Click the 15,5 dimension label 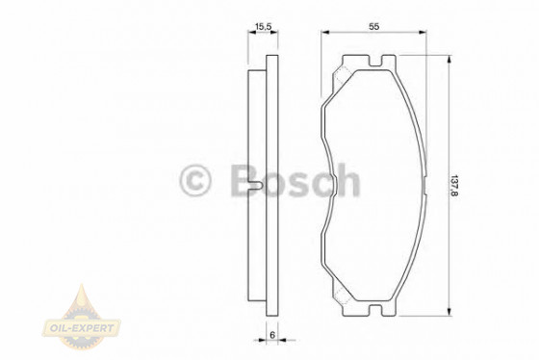261,28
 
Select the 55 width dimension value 373,28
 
